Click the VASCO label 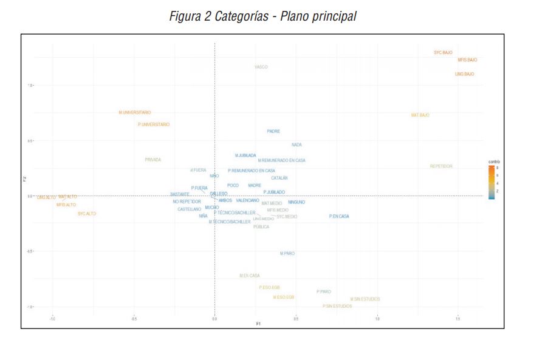coord(261,67)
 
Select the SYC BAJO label coord(443,53)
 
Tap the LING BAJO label coord(464,74)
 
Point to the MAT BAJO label coord(420,115)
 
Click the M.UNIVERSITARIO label coord(135,112)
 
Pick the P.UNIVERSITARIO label coord(154,124)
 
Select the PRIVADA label coord(153,160)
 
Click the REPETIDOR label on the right coord(441,166)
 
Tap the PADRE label coord(273,131)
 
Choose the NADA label coord(296,144)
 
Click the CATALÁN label coord(279,178)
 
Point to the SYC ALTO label coord(87,214)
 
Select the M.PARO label coord(287,253)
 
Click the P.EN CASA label coord(339,216)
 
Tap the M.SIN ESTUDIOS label coord(365,299)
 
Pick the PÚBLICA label coord(261,226)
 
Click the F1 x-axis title coord(258,324)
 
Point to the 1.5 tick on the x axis coord(458,318)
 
